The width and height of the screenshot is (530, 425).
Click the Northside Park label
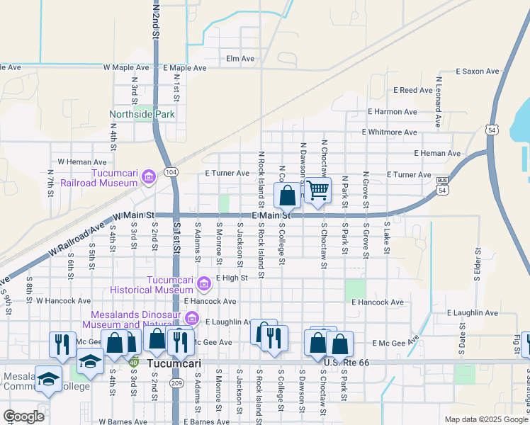click(142, 114)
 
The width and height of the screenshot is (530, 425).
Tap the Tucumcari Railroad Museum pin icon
click(148, 176)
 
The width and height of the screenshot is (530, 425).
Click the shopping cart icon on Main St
click(318, 190)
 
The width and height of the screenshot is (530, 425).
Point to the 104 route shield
click(170, 172)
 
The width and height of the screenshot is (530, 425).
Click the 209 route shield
click(176, 382)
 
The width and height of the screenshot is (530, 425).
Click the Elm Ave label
click(239, 59)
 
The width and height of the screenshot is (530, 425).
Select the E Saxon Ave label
click(478, 72)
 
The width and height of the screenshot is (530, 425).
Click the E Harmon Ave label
click(392, 112)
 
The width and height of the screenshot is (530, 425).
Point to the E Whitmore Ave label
click(389, 132)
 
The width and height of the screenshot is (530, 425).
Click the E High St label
click(232, 278)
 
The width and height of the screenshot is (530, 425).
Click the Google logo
click(23, 416)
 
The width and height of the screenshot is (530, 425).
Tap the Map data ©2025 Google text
click(485, 419)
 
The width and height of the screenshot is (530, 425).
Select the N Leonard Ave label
click(439, 102)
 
